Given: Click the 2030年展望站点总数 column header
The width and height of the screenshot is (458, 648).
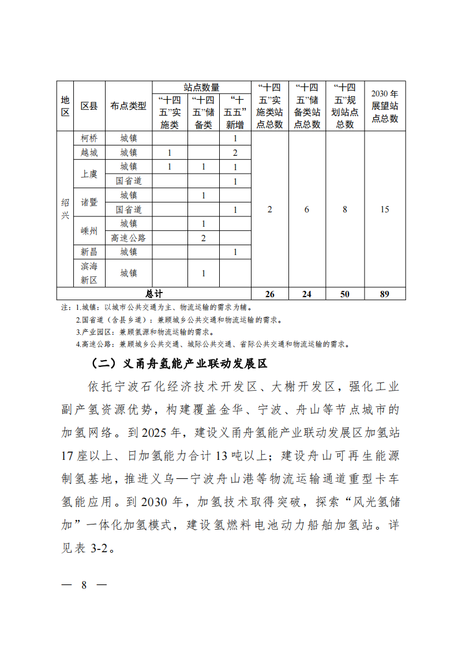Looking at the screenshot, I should coord(385,106).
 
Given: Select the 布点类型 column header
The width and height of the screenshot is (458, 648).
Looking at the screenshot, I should coord(128,106).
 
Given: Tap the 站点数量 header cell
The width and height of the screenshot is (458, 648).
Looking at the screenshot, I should coord(201,87).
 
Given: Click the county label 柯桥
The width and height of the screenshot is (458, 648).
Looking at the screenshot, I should coord(89,138).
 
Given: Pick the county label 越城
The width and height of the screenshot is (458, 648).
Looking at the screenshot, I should coord(89,153).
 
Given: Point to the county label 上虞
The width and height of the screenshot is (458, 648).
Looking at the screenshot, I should coord(89,174).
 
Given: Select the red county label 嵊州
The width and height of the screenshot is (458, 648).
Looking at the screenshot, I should coord(89,231).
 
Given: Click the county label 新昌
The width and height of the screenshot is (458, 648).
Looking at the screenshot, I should coord(89,252).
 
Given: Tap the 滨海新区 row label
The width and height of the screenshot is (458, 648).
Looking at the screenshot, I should coord(89,273).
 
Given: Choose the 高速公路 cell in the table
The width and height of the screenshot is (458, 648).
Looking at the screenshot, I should coord(128,238).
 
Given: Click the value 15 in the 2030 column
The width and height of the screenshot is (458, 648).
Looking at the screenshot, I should coord(385,209).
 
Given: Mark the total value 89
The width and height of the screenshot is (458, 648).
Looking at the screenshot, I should coord(385,294).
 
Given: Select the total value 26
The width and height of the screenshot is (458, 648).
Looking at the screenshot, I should coord(269,294).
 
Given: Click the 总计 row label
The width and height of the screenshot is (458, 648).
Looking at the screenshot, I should coord(154,294).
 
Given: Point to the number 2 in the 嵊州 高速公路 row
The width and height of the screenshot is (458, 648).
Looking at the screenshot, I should coord(204,238).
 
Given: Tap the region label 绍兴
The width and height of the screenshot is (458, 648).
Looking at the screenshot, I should coord(65,209).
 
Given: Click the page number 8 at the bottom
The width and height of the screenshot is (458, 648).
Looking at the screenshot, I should coord(84,585).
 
